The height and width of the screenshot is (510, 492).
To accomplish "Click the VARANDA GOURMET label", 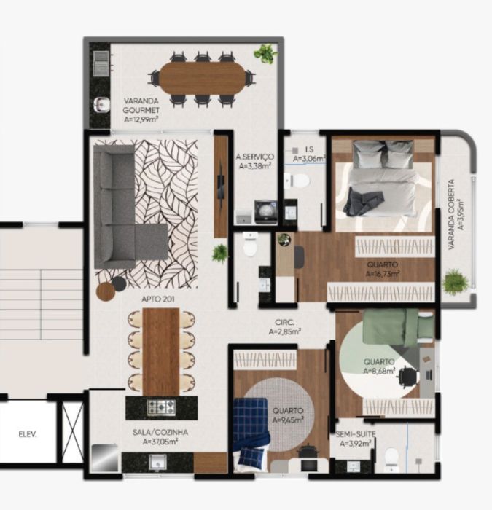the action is tap(141, 106).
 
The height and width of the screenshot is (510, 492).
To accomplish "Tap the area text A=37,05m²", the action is tap(160, 442).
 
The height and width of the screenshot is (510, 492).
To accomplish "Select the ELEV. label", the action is tap(28, 434).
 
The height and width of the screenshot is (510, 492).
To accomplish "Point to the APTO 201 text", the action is tap(155, 299).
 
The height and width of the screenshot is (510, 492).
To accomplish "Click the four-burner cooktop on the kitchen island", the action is tap(161, 407).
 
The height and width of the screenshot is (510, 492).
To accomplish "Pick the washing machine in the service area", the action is tap(266, 212).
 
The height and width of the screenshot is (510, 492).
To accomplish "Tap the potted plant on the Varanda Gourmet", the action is tap(266, 54).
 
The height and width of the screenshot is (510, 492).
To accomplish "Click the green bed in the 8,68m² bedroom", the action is tap(399, 328).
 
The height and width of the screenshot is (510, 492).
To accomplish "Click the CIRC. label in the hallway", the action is tap(285, 322).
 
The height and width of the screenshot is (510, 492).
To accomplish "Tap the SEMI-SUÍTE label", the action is tap(356, 434).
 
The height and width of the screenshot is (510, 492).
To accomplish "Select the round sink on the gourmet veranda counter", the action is tap(101, 104).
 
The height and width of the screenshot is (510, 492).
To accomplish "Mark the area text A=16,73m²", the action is tap(383, 274).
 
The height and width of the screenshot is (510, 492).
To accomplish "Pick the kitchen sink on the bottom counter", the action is tap(158, 461).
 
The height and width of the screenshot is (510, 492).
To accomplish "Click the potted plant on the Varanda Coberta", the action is tap(456, 280).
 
